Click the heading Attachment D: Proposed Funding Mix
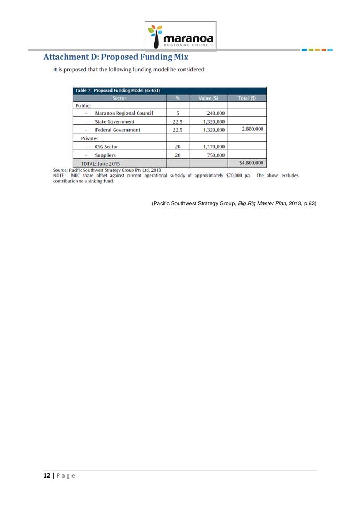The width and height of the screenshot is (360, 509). [x=116, y=57]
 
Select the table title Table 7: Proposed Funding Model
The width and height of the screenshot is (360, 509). [x=118, y=90]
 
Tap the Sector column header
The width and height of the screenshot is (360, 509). [x=119, y=98]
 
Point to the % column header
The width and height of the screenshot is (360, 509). [x=178, y=98]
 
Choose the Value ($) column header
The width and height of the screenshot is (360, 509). [x=208, y=98]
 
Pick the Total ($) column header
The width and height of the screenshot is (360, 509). [x=247, y=98]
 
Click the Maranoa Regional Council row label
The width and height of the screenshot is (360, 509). [x=124, y=113]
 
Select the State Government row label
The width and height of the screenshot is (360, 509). [x=115, y=122]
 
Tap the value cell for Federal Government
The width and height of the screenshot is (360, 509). [x=214, y=130]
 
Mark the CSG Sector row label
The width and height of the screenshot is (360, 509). [x=107, y=147]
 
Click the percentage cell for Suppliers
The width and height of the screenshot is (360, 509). [x=178, y=155]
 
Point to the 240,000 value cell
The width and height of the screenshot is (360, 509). [x=215, y=113]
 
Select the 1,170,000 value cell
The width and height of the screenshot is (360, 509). [x=214, y=147]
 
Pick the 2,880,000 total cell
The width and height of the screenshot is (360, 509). [x=252, y=129]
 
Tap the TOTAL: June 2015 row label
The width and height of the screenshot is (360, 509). [x=100, y=163]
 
